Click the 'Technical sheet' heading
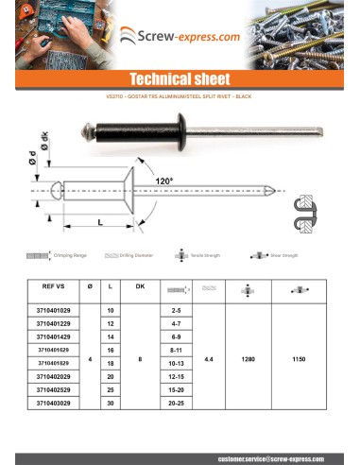180,78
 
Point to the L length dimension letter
99,222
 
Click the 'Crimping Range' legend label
71,255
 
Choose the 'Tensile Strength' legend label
206,255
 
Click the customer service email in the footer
268,457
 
